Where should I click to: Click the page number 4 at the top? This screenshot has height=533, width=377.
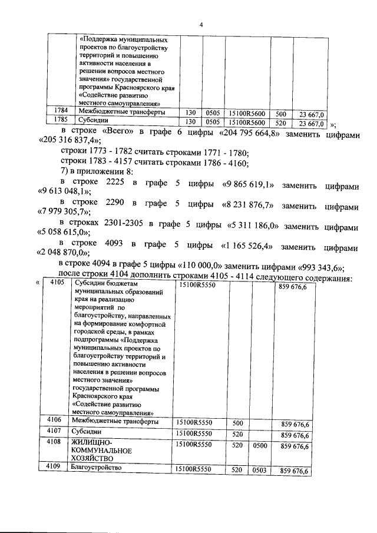coord(201,24)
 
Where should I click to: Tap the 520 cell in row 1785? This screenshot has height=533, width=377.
coord(281,123)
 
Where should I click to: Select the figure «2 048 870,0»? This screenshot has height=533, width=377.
coord(70,254)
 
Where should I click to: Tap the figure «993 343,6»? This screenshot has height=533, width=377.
coord(319,266)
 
